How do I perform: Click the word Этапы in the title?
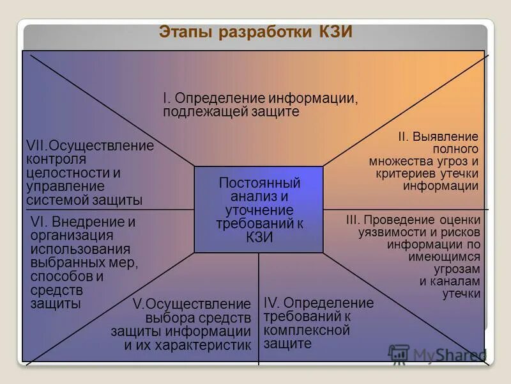click(186, 32)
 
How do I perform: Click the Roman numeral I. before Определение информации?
click(166, 99)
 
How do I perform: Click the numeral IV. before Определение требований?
click(271, 303)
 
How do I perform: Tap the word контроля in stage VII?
click(56, 159)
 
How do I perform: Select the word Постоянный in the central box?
click(259, 183)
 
